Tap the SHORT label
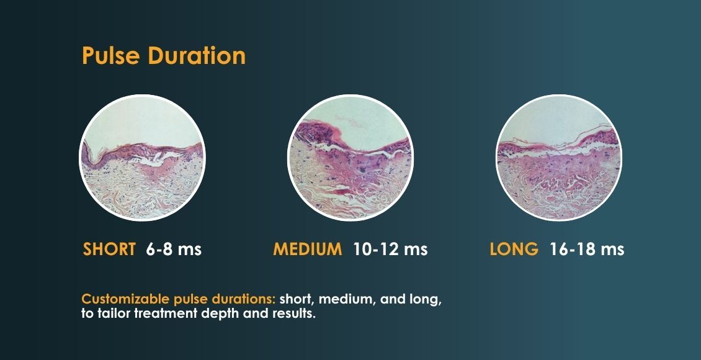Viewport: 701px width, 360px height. (109, 249)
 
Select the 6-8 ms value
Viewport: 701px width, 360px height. (174, 249)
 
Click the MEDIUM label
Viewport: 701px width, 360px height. (308, 249)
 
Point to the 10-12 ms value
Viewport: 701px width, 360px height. (390, 249)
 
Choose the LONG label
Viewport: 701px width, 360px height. (514, 249)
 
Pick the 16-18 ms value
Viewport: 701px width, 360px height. (587, 249)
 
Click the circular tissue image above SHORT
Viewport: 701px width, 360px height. (142, 158)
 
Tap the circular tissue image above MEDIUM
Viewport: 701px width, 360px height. (351, 158)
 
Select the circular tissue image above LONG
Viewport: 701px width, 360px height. (559, 158)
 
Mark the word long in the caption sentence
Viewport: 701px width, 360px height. (426, 300)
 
